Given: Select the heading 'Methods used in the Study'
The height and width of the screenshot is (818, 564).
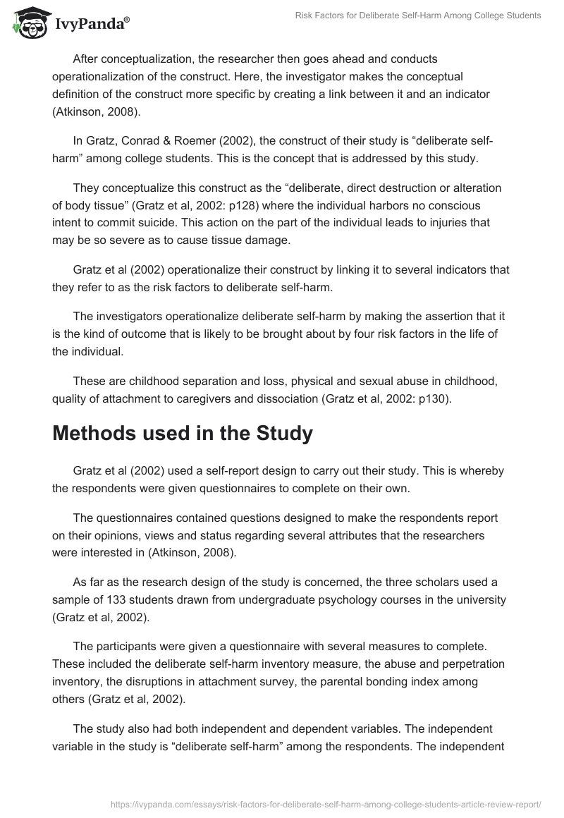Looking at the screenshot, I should point(183,433).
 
